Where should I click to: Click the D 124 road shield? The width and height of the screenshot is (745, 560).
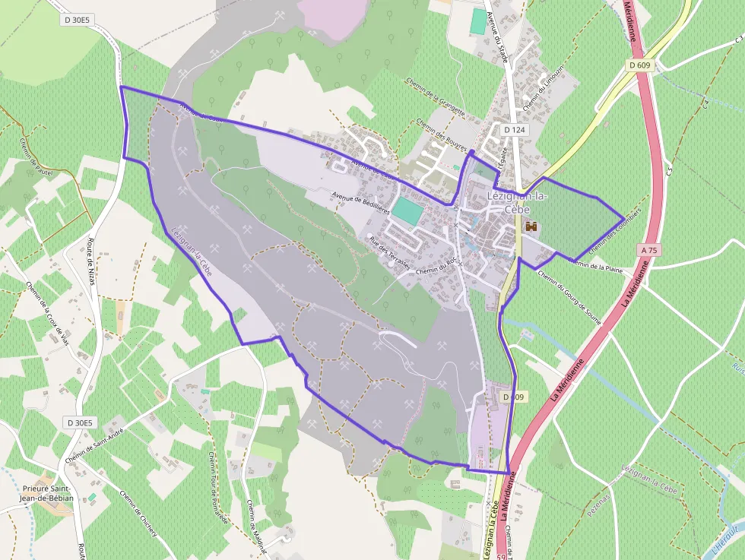515,130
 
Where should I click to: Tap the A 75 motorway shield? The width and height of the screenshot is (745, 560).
648,249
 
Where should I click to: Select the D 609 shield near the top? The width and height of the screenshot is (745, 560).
640,65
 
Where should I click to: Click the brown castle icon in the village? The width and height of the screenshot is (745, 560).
531,226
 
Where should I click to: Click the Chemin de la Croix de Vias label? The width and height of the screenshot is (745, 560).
47,313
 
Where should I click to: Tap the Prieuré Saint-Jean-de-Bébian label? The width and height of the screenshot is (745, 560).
47,492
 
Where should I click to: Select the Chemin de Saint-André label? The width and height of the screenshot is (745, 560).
94,444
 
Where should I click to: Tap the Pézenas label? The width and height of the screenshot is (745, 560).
598,506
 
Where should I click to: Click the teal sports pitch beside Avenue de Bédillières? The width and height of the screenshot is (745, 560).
407,211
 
